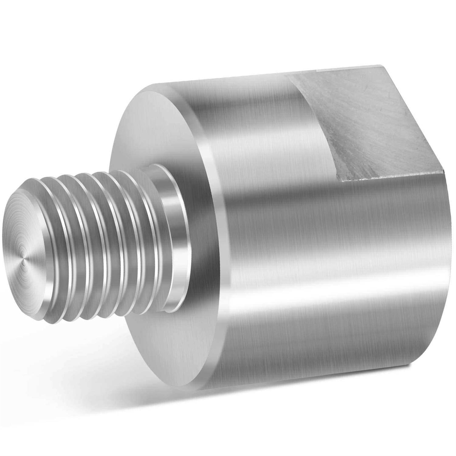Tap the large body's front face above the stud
pos(152,128)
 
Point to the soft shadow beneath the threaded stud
pos(91,350)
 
